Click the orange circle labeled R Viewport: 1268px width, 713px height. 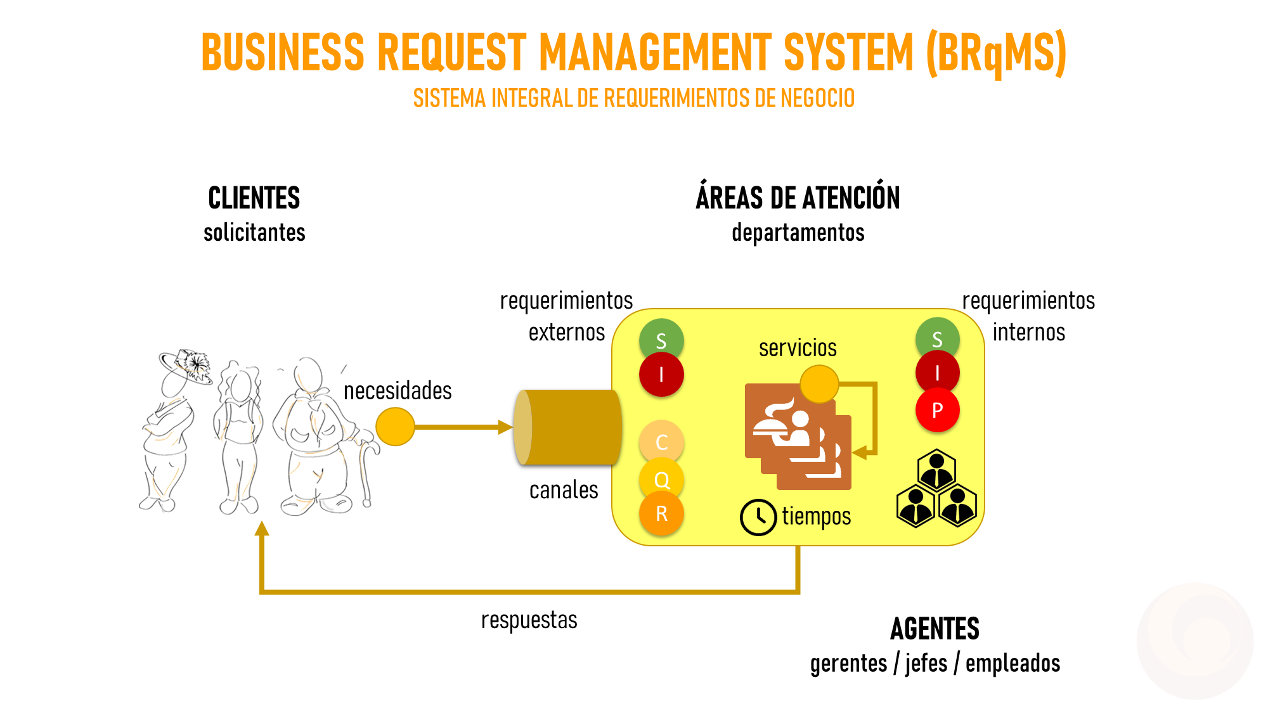(x=661, y=513)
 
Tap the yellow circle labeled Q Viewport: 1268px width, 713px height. (x=661, y=479)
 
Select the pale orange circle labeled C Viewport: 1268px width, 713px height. (x=661, y=442)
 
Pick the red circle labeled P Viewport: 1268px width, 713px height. (x=937, y=410)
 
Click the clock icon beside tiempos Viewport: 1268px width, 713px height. (x=758, y=517)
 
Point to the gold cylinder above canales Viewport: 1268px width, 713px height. (x=568, y=427)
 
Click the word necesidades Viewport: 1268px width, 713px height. (x=398, y=391)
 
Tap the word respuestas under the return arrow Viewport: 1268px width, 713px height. (x=529, y=620)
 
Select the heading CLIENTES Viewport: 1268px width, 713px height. (x=254, y=198)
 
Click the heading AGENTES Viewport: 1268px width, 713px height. (x=935, y=629)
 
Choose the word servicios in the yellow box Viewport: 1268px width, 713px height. (x=798, y=348)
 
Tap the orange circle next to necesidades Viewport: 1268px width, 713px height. (x=395, y=427)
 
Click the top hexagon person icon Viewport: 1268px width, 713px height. (x=936, y=470)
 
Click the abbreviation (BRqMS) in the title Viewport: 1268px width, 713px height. (x=996, y=53)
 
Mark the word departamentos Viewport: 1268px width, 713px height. (x=798, y=233)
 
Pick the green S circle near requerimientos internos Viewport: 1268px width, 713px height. (x=937, y=339)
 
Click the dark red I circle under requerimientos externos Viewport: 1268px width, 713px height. (x=661, y=375)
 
